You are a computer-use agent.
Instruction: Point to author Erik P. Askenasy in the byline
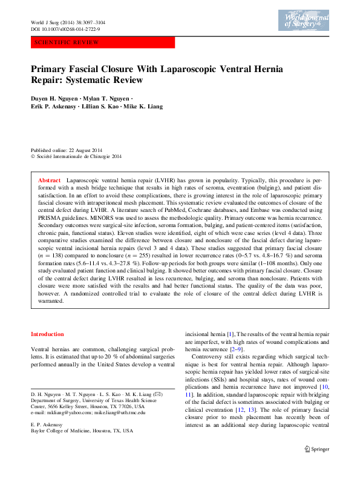56,106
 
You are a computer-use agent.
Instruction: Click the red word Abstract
49,180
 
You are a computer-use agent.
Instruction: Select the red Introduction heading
47,334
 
